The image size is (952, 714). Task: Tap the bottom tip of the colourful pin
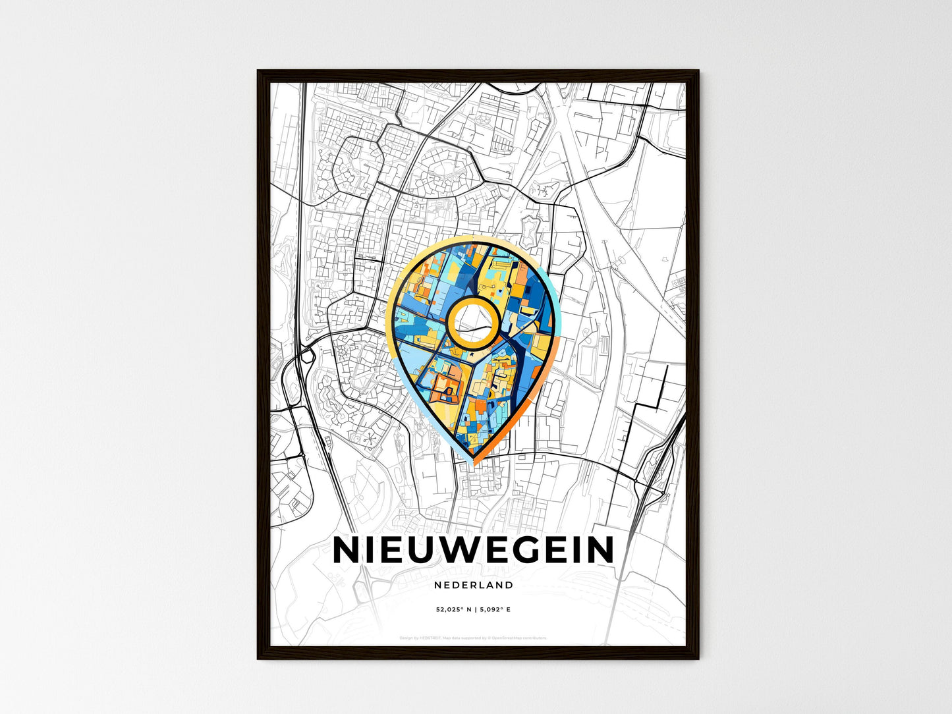pyautogui.click(x=474, y=459)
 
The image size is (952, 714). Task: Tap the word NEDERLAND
pyautogui.click(x=474, y=585)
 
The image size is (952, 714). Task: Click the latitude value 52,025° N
pyautogui.click(x=453, y=610)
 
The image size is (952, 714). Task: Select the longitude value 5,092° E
pyautogui.click(x=495, y=610)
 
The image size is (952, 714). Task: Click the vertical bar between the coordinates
pyautogui.click(x=476, y=610)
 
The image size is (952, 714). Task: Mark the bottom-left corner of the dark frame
pyautogui.click(x=259, y=657)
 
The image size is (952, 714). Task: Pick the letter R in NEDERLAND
pyautogui.click(x=474, y=585)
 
